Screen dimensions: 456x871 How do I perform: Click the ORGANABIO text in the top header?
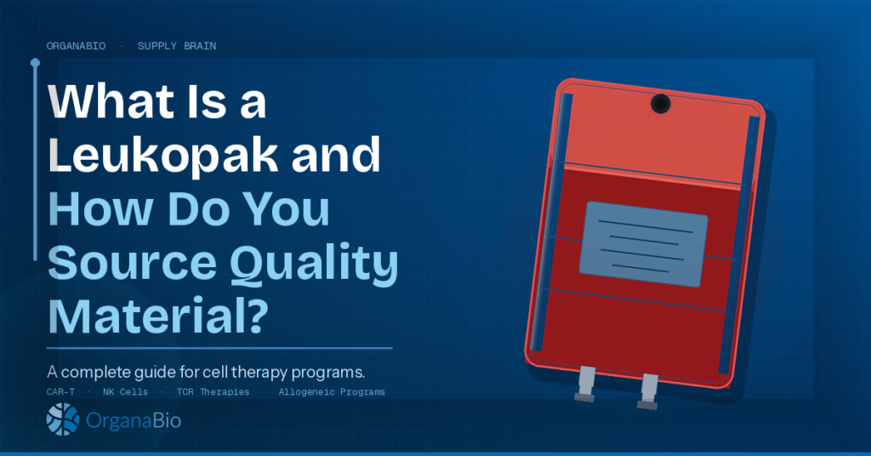(x=77, y=46)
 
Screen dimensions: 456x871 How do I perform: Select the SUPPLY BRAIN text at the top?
(x=177, y=46)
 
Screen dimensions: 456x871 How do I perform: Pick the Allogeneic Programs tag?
(x=332, y=392)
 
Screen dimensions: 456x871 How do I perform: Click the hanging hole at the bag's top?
(x=661, y=104)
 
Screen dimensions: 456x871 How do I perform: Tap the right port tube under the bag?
(x=650, y=388)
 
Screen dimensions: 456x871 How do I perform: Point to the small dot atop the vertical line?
(x=35, y=62)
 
